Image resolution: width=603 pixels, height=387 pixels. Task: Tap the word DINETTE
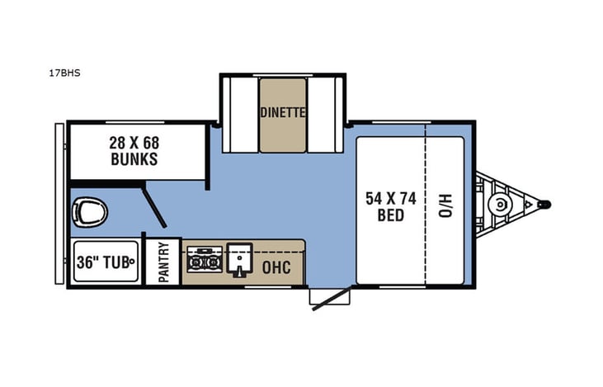(283, 113)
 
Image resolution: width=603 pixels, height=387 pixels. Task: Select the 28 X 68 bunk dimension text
(134, 142)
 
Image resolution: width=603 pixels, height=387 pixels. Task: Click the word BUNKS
(134, 159)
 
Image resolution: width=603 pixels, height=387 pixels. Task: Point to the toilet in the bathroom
(89, 212)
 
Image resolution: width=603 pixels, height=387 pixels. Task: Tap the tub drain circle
(131, 262)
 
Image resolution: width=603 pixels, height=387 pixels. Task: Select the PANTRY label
(163, 262)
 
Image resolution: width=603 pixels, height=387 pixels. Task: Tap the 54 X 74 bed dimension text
(391, 198)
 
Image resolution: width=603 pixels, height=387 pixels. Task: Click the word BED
(391, 216)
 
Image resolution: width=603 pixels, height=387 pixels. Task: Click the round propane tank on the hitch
(499, 204)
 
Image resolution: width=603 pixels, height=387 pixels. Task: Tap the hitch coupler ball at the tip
(545, 204)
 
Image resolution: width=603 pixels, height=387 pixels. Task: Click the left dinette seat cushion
(240, 115)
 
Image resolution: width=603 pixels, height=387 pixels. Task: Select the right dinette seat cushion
(324, 115)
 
